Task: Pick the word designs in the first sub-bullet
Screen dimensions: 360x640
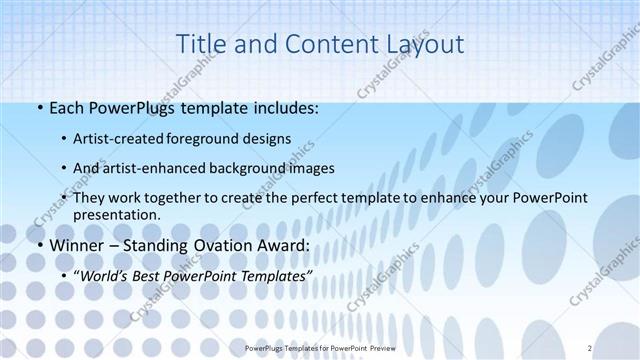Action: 267,138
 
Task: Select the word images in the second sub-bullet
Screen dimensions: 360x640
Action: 310,168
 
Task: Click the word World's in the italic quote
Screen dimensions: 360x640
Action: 105,274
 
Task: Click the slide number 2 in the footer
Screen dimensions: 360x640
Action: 590,347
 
